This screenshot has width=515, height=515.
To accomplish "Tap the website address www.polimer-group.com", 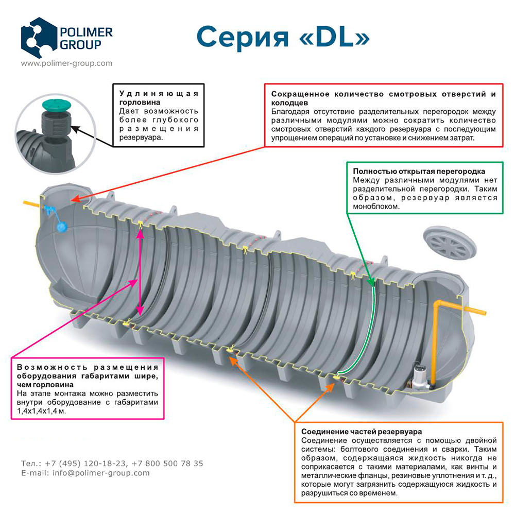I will (66, 63).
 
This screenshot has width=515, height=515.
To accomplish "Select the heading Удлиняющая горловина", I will (158, 98).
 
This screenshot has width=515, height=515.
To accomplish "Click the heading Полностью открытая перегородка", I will (419, 171).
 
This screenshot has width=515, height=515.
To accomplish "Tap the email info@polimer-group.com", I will (101, 473).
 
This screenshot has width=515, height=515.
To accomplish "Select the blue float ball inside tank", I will (62, 226).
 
